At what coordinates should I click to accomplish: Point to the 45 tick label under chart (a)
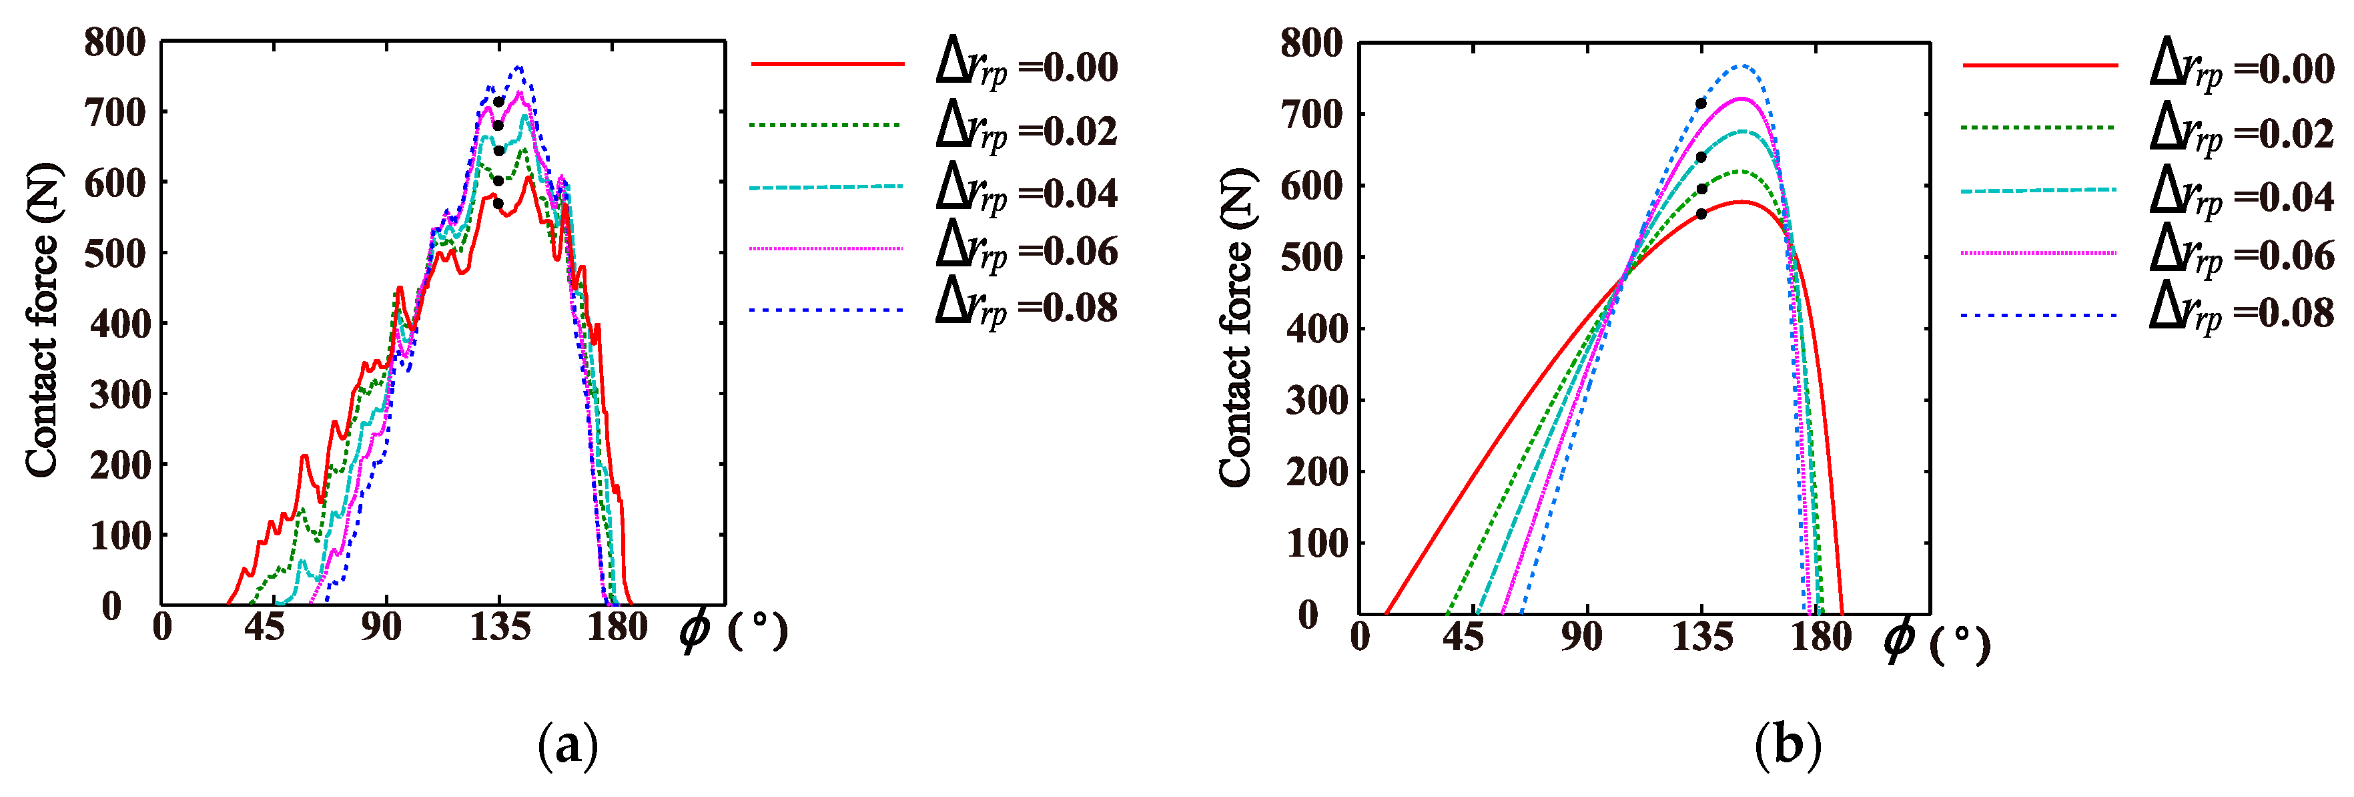[263, 628]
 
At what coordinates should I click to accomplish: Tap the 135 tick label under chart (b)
[1701, 636]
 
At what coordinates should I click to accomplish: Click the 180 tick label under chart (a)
[617, 628]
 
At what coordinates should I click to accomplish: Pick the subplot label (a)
[568, 746]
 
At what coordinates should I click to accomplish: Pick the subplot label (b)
[1788, 746]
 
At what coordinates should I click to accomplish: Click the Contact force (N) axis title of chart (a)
[43, 320]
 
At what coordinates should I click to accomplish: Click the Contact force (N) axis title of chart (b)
[1236, 326]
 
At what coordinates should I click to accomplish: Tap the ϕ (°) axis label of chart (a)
[733, 631]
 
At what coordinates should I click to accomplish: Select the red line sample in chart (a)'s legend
[827, 64]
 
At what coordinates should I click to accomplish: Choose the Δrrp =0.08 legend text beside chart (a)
[1026, 307]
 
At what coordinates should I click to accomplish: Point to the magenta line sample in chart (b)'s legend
[2038, 252]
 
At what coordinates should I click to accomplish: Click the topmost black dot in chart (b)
[1701, 104]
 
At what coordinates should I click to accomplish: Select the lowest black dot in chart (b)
[1701, 214]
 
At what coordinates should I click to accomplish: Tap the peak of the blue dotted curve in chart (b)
[1743, 66]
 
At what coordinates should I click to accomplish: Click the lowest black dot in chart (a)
[498, 204]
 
